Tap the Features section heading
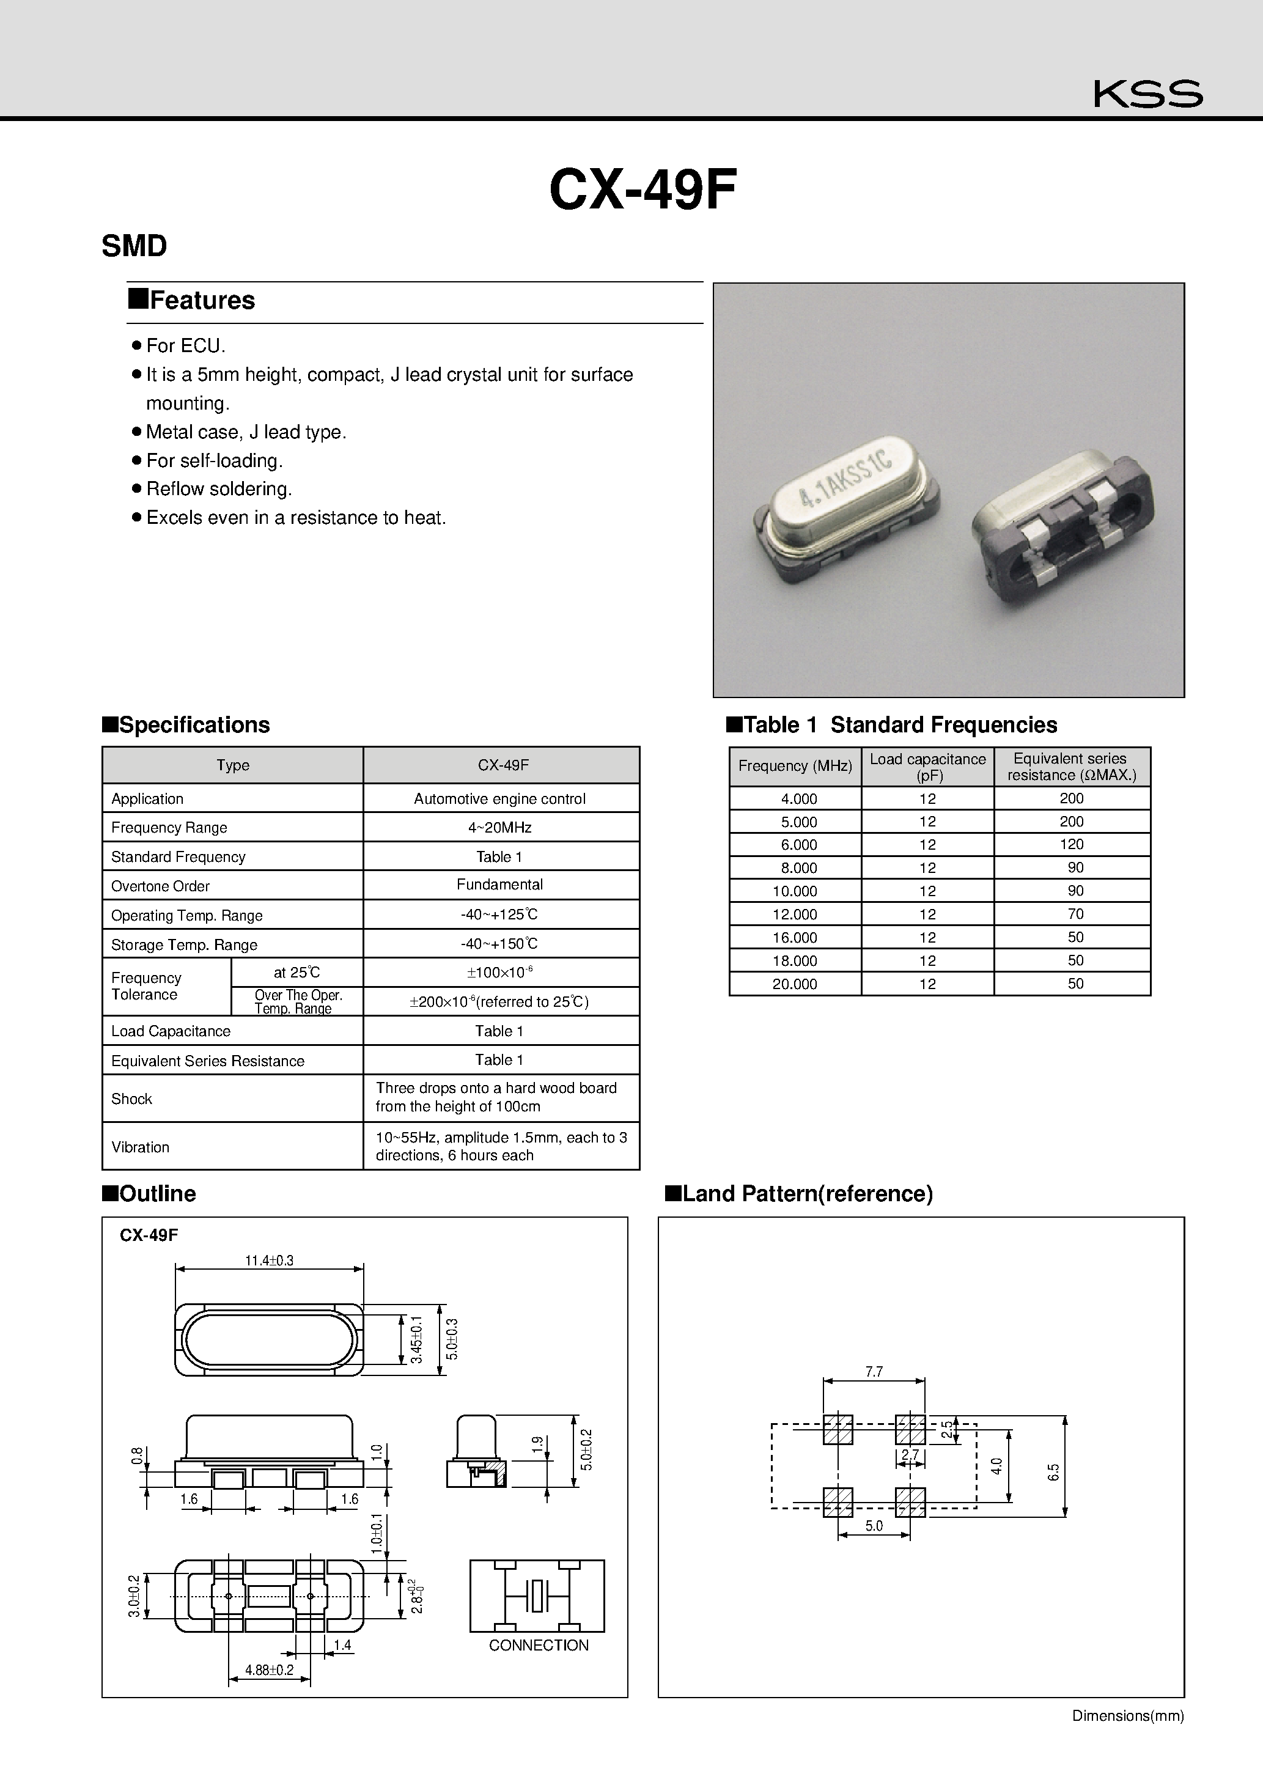201,300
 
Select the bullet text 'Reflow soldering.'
218,489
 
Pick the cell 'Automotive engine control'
499,798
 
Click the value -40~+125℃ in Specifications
499,915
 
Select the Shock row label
131,1099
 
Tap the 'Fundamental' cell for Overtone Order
499,885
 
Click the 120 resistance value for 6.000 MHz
1071,844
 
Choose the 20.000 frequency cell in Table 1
794,984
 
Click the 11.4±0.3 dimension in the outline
269,1261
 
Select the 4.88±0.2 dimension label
269,1670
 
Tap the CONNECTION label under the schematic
538,1645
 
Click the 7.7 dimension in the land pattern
874,1372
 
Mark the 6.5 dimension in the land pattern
1054,1471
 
